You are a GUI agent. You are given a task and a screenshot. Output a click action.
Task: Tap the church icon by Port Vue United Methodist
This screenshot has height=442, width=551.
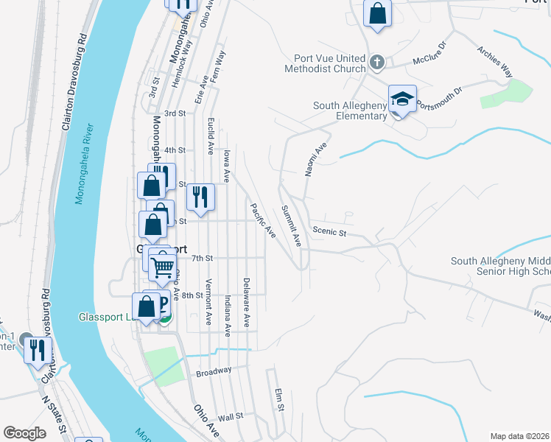[x=376, y=62]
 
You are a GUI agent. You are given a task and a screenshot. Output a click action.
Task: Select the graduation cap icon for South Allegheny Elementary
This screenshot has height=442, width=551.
[x=402, y=99]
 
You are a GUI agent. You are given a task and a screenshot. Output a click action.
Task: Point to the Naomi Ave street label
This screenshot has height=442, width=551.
[x=316, y=160]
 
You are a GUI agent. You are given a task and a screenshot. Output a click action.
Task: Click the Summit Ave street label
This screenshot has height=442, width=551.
[x=291, y=225]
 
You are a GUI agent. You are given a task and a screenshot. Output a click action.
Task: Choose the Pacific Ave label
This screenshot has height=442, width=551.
[x=262, y=220]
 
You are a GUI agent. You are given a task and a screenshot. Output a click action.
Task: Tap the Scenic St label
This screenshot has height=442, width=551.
[x=329, y=232]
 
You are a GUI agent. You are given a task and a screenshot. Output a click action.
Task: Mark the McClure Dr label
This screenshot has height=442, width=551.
[x=429, y=53]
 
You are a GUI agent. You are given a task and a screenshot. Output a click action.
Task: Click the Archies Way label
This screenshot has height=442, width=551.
[x=494, y=61]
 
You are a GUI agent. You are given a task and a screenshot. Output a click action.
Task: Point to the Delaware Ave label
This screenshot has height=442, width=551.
[x=248, y=303]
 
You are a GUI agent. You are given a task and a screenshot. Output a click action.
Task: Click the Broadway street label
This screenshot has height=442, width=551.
[x=214, y=371]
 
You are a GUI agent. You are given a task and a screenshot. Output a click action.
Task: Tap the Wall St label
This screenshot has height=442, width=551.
[x=230, y=417]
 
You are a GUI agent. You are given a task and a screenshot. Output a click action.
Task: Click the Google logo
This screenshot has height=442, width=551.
[x=24, y=433]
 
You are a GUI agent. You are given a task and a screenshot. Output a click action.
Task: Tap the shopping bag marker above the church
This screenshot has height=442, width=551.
[x=377, y=14]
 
